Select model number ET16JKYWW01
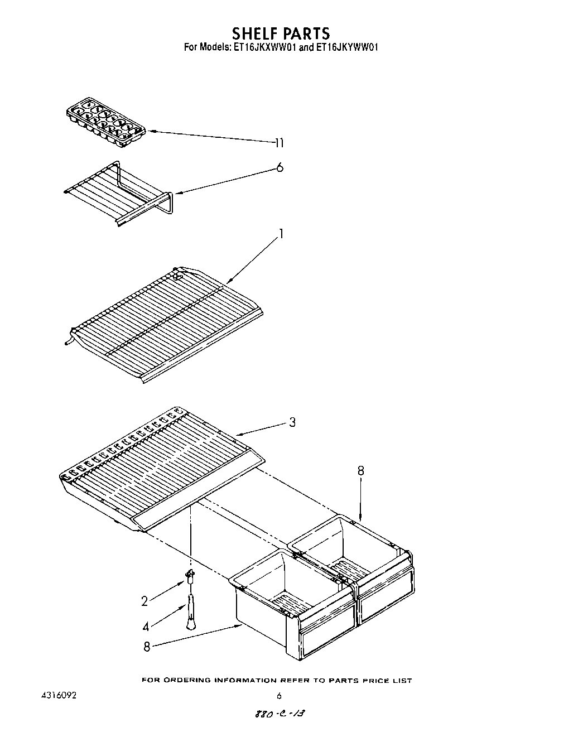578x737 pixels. tap(347, 48)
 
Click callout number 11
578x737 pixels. tap(279, 143)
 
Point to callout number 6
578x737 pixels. tap(280, 167)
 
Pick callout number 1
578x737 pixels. tap(281, 234)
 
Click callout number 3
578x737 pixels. tap(292, 422)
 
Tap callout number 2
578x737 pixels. tap(144, 601)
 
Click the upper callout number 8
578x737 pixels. tap(360, 471)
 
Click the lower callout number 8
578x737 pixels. tap(147, 647)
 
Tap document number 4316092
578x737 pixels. tap(59, 696)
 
